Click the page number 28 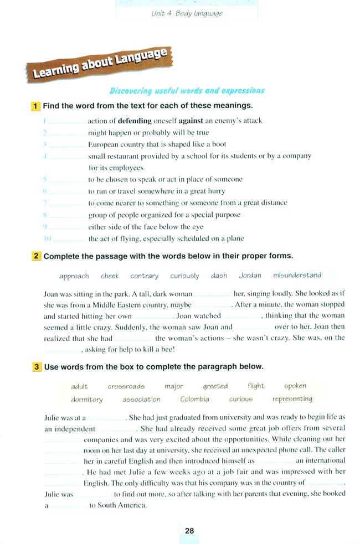[189, 531]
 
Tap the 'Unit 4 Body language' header [187, 13]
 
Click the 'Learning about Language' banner [100, 65]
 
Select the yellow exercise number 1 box [36, 106]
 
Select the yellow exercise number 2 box [36, 256]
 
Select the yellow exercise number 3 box [36, 366]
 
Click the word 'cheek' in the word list [110, 276]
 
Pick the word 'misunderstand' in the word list [297, 275]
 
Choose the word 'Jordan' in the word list [250, 275]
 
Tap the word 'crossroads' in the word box [126, 386]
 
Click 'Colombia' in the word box [195, 399]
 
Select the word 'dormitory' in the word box [87, 400]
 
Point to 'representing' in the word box [292, 398]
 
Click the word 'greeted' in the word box [215, 386]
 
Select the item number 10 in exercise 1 [47, 239]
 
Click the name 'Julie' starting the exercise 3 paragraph [52, 417]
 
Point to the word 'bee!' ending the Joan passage [168, 349]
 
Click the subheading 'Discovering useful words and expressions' [187, 91]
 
